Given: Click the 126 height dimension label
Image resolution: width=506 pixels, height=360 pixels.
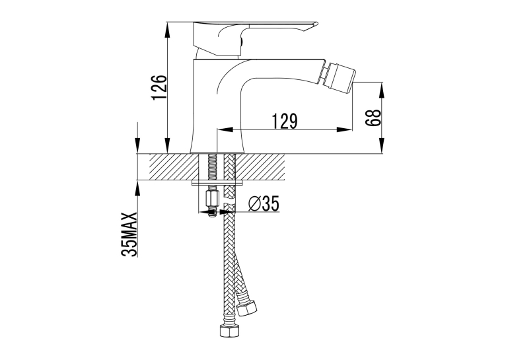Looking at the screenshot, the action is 159,88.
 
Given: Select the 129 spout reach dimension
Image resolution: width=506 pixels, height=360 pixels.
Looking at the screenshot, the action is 285,121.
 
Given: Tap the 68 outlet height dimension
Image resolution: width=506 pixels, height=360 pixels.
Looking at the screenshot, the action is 373,118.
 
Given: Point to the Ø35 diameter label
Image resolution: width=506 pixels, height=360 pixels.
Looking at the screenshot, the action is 264,203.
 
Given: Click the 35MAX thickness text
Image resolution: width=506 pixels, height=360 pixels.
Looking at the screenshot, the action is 129,234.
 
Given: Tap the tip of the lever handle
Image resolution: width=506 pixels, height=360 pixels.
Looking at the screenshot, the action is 316,23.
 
